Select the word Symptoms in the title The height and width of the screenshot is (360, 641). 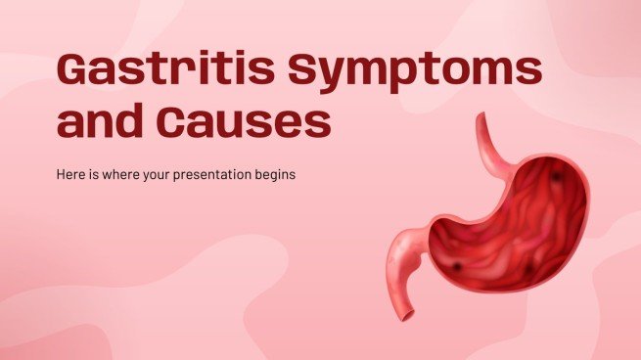click(x=415, y=72)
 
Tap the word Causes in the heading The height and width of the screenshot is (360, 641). click(x=244, y=120)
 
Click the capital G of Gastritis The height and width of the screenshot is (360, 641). click(x=74, y=68)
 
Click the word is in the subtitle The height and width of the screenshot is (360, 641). click(x=94, y=174)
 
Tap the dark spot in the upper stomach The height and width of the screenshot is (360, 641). click(x=557, y=176)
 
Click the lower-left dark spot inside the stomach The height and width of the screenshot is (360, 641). click(x=457, y=267)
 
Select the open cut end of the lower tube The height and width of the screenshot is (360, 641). click(x=407, y=315)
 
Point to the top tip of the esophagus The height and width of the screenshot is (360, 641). click(x=481, y=115)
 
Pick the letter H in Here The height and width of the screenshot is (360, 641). click(x=61, y=174)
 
